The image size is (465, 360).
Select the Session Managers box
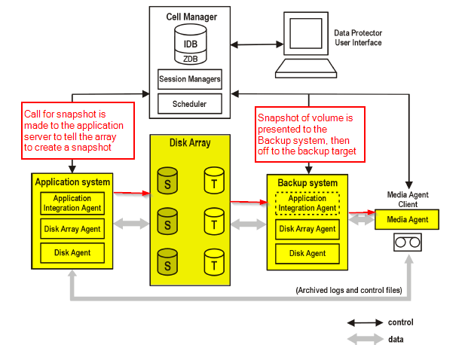(189, 78)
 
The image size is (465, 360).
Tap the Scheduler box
(189, 102)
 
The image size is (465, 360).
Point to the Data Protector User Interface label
(358, 38)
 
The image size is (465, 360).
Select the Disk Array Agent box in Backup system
(307, 229)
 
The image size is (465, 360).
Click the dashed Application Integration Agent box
(307, 203)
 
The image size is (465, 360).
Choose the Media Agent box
(407, 220)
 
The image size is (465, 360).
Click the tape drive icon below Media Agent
(407, 243)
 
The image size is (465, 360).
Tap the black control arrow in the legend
(364, 323)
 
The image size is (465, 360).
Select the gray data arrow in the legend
(364, 340)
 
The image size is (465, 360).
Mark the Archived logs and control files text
(349, 290)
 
